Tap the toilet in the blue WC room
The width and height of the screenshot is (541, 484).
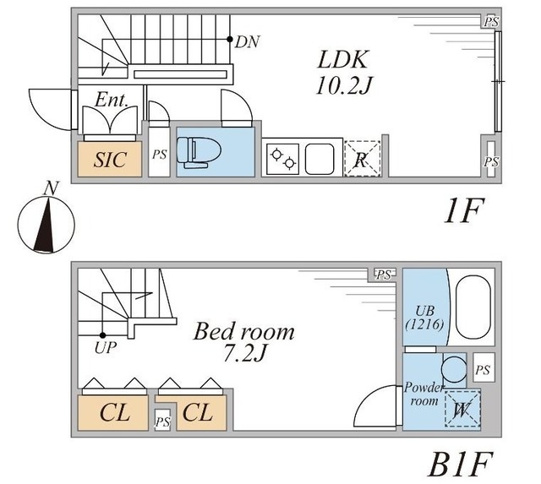(199, 150)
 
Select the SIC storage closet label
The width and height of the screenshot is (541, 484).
(110, 160)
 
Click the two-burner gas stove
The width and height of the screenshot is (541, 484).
(281, 157)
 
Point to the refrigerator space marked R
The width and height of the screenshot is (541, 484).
(362, 159)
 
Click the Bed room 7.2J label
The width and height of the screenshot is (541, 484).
(245, 340)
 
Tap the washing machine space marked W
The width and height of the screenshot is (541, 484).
(461, 411)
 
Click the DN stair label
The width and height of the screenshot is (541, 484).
(248, 41)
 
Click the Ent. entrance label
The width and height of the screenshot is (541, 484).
(112, 101)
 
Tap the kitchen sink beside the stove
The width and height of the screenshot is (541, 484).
(321, 157)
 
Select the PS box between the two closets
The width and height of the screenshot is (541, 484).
(164, 420)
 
